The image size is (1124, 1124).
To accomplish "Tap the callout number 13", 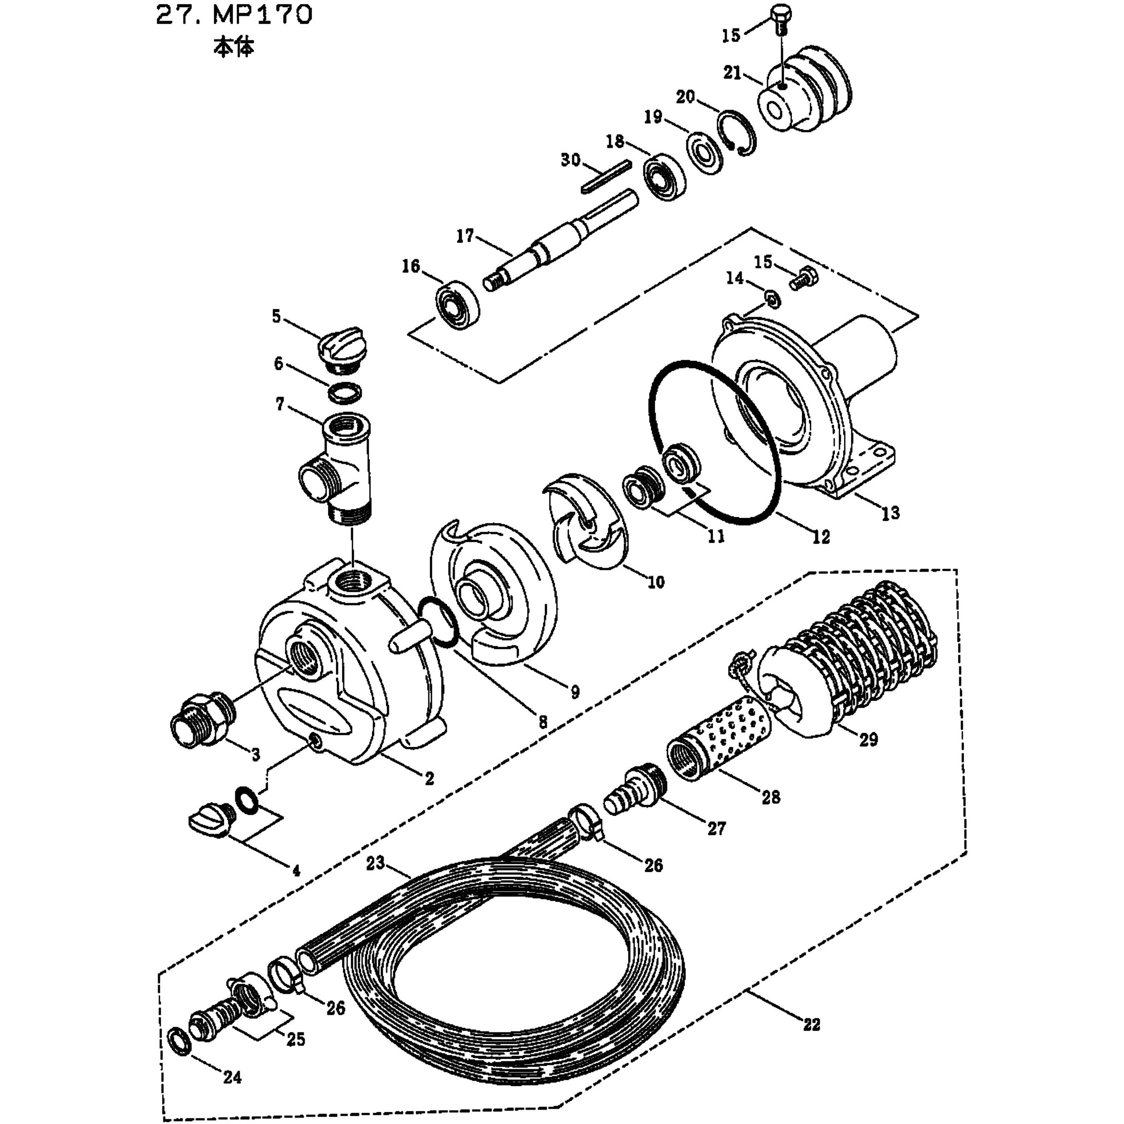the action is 891,513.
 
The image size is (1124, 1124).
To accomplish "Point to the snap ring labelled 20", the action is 736,133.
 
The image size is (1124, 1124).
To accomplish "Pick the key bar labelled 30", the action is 606,176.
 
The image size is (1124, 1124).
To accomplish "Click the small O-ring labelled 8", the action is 437,622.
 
